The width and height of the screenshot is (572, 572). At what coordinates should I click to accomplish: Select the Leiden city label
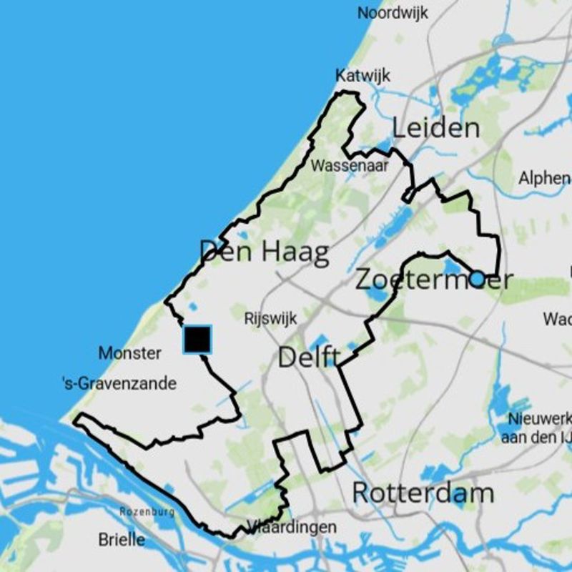tap(435, 128)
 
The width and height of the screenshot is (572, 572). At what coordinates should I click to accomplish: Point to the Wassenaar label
tap(350, 166)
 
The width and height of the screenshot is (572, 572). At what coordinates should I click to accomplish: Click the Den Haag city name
tap(264, 252)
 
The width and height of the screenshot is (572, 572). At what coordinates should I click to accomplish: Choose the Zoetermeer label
tap(434, 280)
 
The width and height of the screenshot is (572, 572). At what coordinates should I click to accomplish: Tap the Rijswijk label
tap(270, 317)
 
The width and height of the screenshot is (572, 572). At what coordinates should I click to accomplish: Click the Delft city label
tap(308, 357)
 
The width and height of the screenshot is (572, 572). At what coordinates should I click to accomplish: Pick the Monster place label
tap(129, 352)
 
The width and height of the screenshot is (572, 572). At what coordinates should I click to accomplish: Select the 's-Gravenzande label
tap(119, 384)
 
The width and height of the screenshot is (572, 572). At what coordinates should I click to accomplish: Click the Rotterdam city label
tap(423, 493)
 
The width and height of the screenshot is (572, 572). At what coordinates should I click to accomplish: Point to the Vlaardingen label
tap(292, 528)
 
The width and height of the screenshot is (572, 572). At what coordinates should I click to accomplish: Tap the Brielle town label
tap(122, 539)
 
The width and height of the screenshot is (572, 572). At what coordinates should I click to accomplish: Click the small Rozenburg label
tap(147, 512)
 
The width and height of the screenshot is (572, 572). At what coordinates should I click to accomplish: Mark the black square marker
tap(197, 339)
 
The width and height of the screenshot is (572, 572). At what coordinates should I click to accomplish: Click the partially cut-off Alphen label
tap(544, 178)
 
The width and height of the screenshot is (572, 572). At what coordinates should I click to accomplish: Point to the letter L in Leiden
tap(399, 128)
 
